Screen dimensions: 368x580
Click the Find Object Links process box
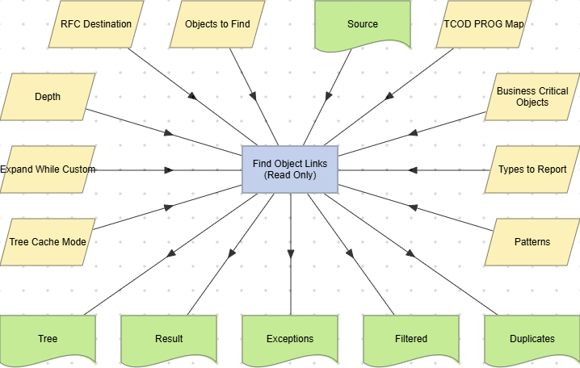tap(290, 169)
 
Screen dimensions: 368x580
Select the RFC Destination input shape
tap(96, 24)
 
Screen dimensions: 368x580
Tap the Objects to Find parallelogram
tap(217, 24)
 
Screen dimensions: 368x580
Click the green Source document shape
tap(363, 24)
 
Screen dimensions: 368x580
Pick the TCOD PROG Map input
tap(484, 24)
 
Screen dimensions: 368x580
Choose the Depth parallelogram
tap(48, 97)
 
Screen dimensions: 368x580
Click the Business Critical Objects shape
tap(532, 97)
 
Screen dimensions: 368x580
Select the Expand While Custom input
tap(48, 169)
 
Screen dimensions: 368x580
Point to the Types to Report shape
tap(532, 169)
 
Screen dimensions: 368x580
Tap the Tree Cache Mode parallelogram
tap(48, 241)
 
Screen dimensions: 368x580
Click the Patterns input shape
tap(532, 241)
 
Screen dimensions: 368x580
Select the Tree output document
tap(48, 338)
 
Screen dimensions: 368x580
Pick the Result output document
tap(169, 338)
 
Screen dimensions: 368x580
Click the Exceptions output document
tap(290, 338)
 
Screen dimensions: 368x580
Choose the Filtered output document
tap(411, 338)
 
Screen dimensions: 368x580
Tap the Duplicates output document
tap(532, 338)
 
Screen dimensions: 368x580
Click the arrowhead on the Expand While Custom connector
tap(170, 170)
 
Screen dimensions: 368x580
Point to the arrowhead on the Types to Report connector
tap(413, 170)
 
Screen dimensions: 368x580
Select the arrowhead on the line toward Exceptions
tap(291, 255)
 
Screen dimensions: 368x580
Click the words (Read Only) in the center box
tap(290, 175)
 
